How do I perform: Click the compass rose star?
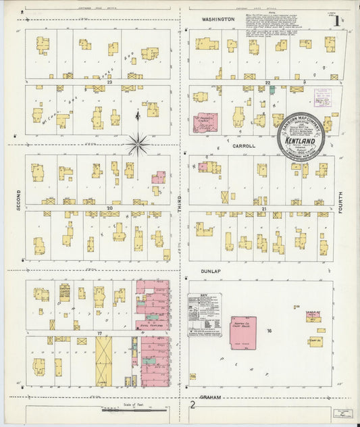137,143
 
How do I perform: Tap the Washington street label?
217,20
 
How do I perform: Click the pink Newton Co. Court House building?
242,332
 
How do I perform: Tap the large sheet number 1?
336,20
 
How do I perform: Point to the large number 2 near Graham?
192,405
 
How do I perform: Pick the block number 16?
269,331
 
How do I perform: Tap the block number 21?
265,209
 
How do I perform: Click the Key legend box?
204,310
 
